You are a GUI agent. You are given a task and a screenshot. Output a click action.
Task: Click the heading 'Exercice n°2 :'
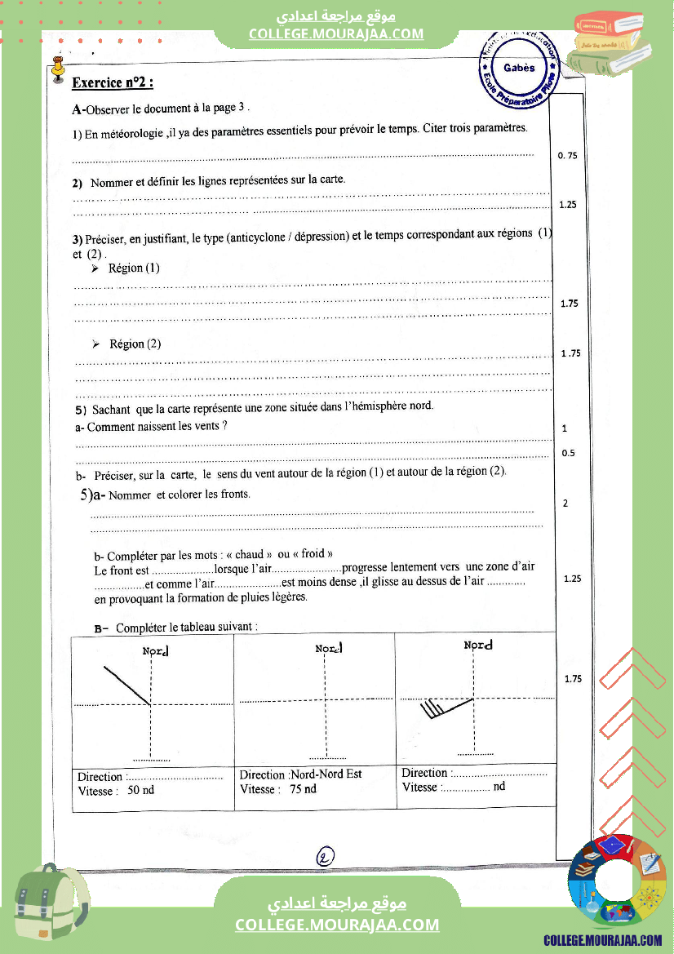[x=113, y=82]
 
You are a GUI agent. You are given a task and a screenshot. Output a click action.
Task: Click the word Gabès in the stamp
[x=519, y=68]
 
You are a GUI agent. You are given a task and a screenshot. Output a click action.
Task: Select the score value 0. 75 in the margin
[x=567, y=155]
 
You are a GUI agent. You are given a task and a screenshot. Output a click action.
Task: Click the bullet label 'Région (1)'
[x=134, y=268]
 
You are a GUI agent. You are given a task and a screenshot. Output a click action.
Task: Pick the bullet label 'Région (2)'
[x=135, y=344]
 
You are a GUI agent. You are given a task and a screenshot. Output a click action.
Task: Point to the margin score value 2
[x=565, y=504]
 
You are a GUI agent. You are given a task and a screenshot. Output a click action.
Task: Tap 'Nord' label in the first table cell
[x=155, y=651]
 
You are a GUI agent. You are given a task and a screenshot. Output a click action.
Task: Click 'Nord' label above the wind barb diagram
[x=478, y=646]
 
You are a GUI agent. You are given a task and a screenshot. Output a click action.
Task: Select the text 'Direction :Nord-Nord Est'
[x=300, y=774]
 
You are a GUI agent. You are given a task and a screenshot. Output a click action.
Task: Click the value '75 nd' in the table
[x=303, y=789]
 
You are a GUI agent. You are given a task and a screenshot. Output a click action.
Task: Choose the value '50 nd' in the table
[x=141, y=791]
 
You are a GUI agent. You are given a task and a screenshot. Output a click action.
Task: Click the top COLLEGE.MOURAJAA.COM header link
[x=336, y=33]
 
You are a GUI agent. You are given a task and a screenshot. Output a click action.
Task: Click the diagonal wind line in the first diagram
[x=126, y=686]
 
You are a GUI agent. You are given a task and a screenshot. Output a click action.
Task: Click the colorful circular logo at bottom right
[x=617, y=881]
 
